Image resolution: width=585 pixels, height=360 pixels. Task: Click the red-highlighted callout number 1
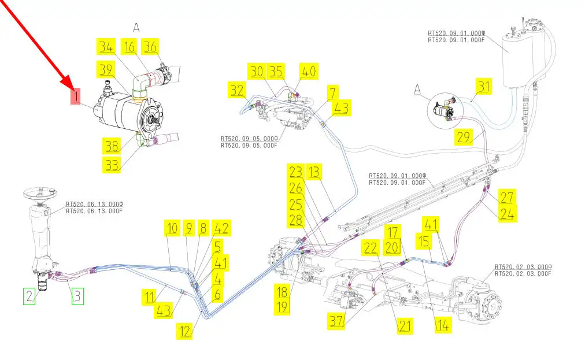click(x=75, y=97)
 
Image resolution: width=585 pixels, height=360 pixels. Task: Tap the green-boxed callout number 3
click(x=77, y=297)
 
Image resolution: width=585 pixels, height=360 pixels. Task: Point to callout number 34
click(x=106, y=47)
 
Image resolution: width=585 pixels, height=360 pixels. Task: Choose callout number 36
click(x=150, y=47)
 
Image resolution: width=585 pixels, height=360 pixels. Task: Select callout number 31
click(x=483, y=87)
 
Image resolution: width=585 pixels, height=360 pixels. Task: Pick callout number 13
click(x=313, y=172)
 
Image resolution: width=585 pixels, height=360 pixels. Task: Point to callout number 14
click(x=442, y=325)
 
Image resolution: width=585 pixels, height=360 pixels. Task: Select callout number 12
click(x=185, y=332)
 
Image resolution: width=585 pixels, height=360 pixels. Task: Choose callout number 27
click(x=507, y=197)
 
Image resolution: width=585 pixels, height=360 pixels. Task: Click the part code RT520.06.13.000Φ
click(x=94, y=204)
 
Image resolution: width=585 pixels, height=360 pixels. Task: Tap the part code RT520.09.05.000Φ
click(x=249, y=139)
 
